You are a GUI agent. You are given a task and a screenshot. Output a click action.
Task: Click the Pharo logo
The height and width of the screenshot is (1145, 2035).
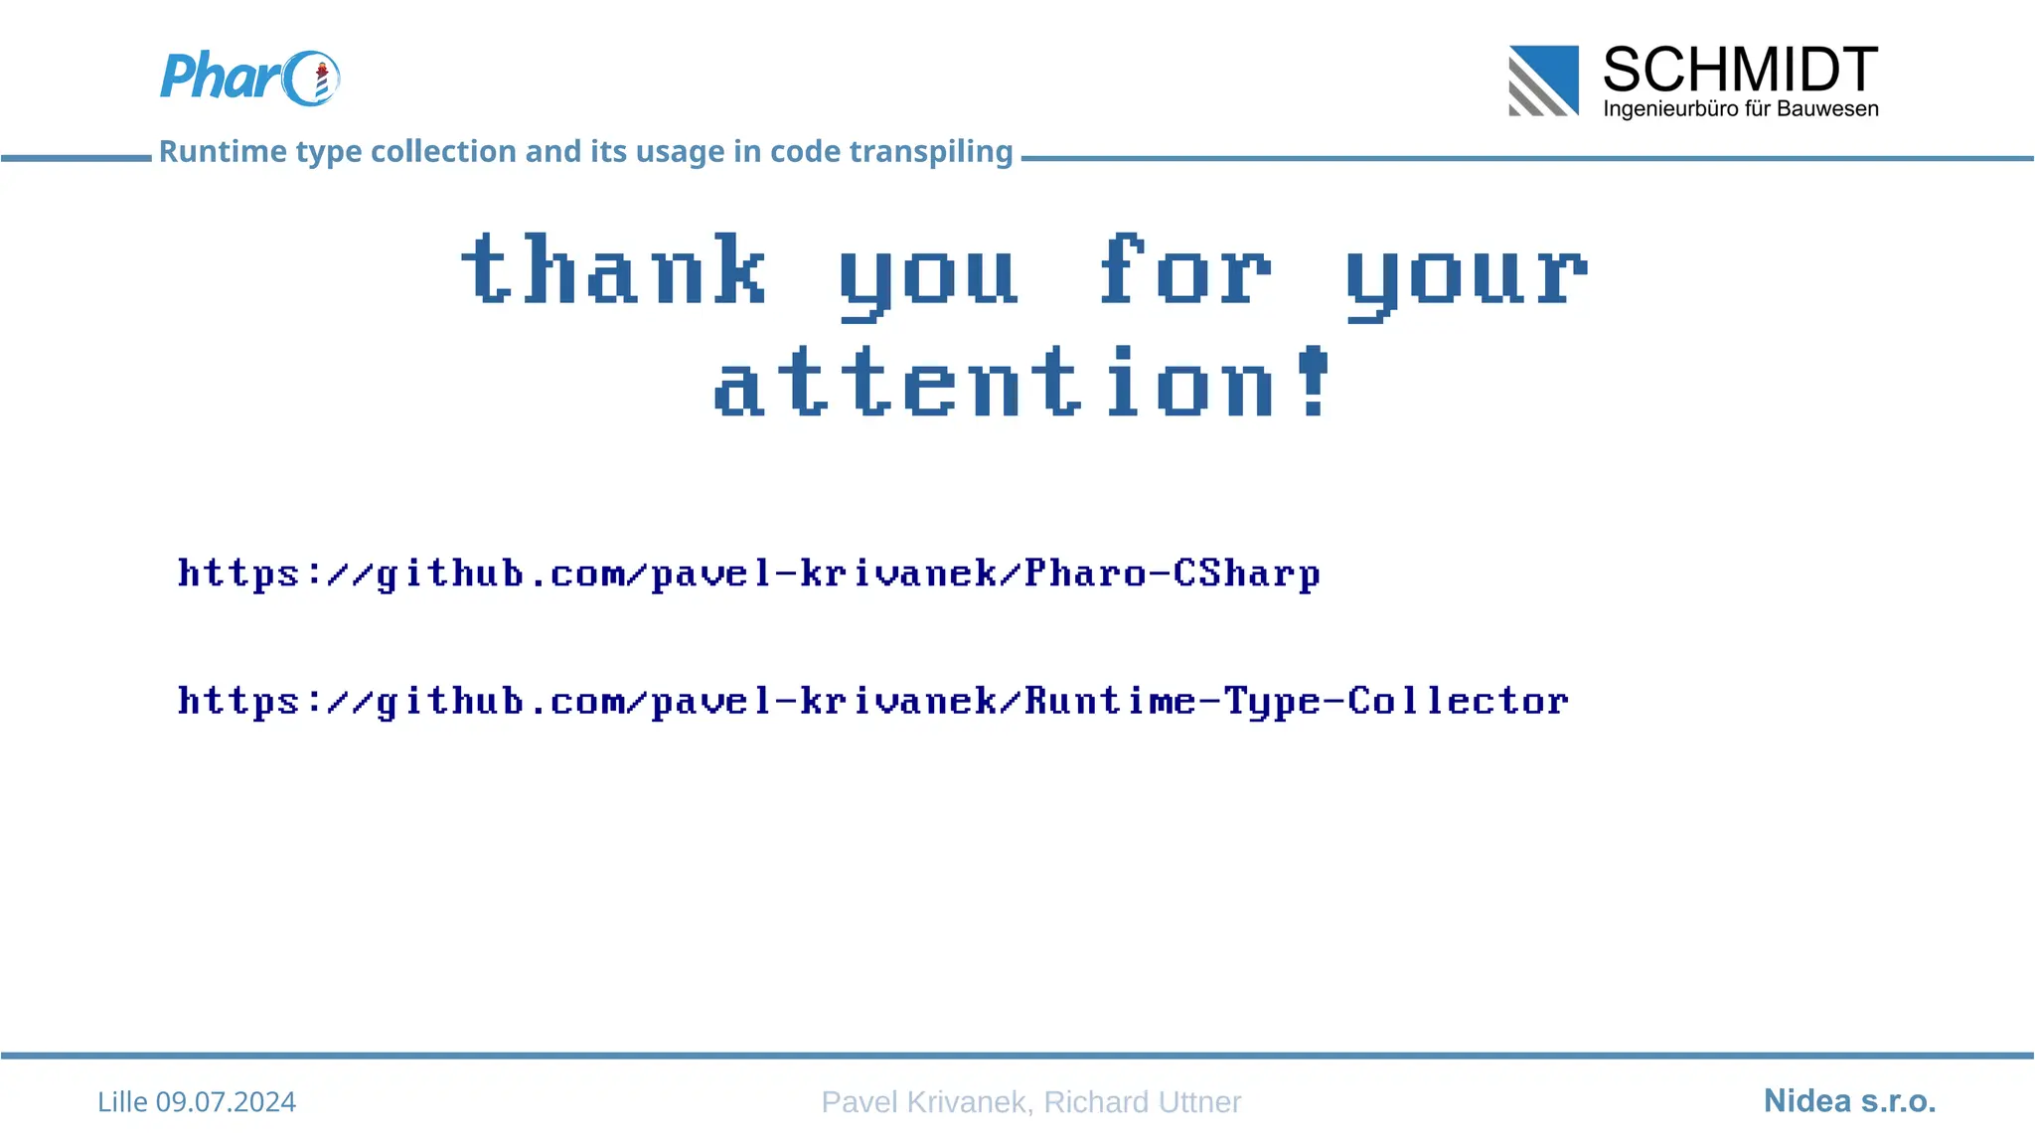[x=249, y=78]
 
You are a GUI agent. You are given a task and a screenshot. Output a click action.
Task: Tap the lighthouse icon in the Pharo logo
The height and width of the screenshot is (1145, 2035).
[x=321, y=82]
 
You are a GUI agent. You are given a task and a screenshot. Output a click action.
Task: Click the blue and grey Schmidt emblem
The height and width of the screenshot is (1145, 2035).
[x=1543, y=81]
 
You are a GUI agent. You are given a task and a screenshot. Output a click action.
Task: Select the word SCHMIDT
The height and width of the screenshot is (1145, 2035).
[x=1740, y=70]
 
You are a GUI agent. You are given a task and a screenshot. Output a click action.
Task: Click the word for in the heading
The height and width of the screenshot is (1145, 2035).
[x=1183, y=269]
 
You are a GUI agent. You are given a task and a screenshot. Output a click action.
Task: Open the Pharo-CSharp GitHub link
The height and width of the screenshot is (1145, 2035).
[x=748, y=573]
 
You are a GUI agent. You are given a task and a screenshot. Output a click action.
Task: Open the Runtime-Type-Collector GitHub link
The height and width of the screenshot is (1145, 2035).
[x=872, y=701]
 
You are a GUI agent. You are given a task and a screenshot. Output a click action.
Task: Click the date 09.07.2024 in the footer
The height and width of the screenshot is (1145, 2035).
[x=226, y=1102]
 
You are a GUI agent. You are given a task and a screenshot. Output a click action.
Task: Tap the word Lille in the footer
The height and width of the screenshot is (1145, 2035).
[x=122, y=1102]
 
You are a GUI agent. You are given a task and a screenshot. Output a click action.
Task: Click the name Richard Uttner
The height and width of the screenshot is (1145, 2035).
[x=1143, y=1102]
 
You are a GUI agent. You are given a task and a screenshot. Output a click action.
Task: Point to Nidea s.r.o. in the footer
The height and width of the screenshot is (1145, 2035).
[x=1849, y=1101]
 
